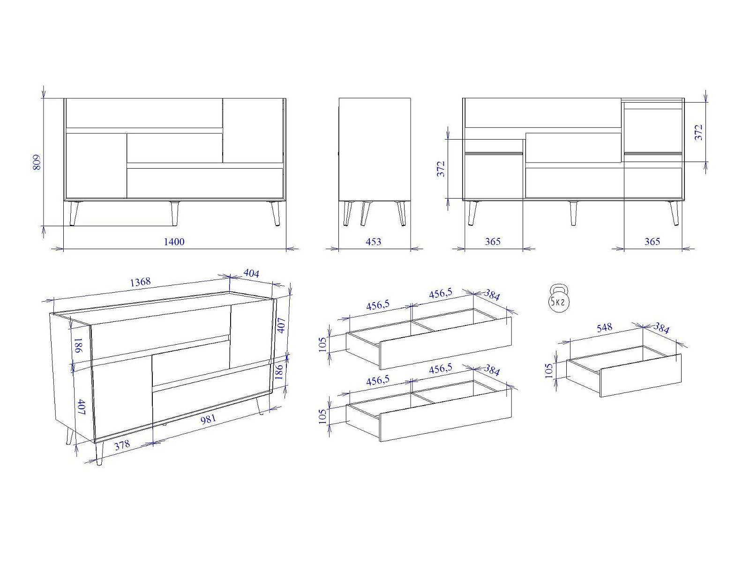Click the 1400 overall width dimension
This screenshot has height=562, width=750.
pos(174,242)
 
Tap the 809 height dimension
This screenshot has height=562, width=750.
pos(37,163)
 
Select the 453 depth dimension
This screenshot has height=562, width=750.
pos(374,242)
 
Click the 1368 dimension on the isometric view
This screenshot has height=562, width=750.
pos(141,282)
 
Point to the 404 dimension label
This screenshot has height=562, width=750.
pos(251,274)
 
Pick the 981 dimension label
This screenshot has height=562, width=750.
pos(208,419)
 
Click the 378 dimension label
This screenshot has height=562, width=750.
pos(122,445)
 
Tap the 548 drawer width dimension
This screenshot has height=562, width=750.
pos(604,328)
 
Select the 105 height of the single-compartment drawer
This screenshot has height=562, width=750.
pos(549,370)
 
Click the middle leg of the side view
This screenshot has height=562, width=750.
pos(365,213)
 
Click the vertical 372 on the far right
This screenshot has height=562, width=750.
pos(699,133)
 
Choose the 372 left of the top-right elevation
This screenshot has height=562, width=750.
pos(442,169)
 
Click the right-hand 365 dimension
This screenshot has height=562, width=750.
pos(652,242)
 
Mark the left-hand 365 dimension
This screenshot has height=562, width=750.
pos(493,242)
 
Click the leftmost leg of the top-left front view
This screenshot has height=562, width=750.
pos(74,213)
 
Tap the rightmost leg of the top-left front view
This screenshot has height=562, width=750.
pos(276,213)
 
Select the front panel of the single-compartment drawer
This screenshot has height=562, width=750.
pos(641,376)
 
